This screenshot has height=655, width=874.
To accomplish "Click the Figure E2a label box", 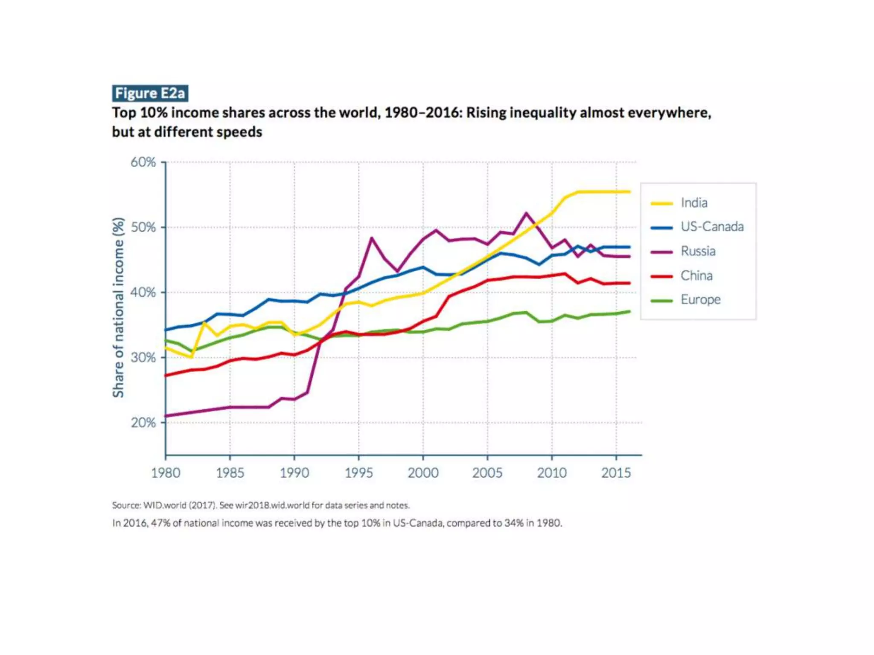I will click(150, 93).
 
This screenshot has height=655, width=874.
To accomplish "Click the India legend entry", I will click(694, 203).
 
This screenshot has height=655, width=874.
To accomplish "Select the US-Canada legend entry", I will click(712, 227).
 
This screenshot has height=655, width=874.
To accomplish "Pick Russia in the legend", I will click(698, 251).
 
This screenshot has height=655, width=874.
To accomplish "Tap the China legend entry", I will click(696, 276).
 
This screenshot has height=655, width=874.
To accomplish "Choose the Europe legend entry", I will click(700, 300).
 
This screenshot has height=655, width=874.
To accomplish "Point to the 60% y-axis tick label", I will click(143, 162).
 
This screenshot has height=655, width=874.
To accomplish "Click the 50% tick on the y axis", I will click(143, 227).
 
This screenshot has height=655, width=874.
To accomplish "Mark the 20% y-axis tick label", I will click(143, 423).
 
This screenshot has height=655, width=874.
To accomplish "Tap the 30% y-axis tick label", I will click(143, 357).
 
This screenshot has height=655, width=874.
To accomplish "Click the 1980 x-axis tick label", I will click(166, 473).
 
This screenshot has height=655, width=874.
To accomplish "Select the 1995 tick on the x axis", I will click(359, 473).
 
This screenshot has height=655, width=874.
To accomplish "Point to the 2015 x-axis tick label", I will click(616, 473).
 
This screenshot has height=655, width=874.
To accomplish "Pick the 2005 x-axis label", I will click(487, 473).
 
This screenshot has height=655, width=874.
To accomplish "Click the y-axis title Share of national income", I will click(118, 307).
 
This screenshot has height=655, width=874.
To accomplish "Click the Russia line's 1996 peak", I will click(372, 238).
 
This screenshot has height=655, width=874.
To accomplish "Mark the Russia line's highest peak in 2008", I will click(526, 213).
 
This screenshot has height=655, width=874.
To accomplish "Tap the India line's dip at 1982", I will click(191, 357).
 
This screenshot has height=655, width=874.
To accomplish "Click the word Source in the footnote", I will click(126, 505).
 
